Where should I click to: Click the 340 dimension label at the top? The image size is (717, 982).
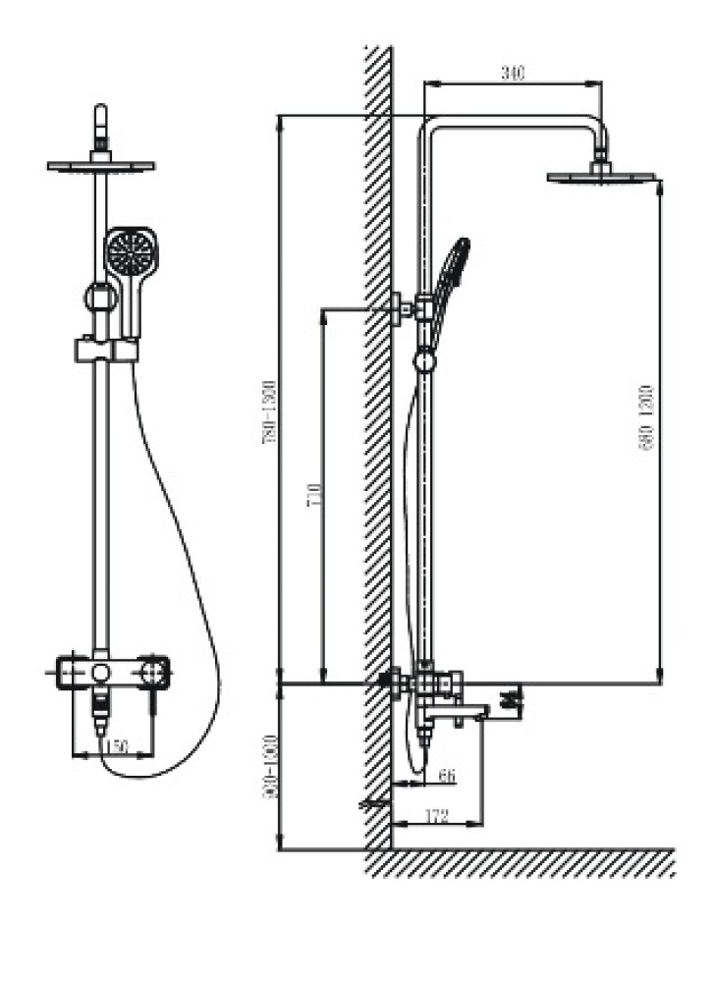pos(513,71)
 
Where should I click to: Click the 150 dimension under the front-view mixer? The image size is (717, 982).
pos(115,747)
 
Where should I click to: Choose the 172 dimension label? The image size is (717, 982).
pos(437,814)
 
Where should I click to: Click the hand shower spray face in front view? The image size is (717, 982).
pos(130,252)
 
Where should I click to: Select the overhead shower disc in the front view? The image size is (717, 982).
pos(100,165)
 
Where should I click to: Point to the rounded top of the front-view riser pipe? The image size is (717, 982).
pos(100,109)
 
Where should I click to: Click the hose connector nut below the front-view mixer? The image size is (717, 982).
pos(99,705)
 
